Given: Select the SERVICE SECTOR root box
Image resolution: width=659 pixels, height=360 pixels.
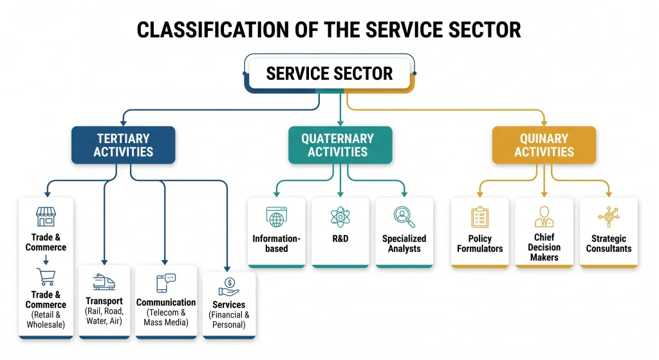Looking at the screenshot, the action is pos(329,73).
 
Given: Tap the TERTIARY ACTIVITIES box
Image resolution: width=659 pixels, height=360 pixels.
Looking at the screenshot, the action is pos(123,145).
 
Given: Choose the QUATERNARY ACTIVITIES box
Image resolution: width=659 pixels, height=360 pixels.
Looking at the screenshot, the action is pos(340,145).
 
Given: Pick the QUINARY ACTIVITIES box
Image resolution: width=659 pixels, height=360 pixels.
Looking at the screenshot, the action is pos(544,145).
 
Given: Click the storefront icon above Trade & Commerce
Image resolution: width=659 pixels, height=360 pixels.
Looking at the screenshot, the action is pos(46,216).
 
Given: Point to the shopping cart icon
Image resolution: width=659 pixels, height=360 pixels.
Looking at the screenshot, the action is pos(46,277).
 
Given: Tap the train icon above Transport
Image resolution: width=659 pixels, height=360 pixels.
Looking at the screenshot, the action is pos(104,282).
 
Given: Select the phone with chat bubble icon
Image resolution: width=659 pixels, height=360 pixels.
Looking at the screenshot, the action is pos(166,283).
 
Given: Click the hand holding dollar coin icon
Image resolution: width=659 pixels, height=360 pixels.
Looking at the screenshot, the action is pos(228,287).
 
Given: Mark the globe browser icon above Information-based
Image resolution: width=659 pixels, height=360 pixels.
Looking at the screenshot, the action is pos(277,217).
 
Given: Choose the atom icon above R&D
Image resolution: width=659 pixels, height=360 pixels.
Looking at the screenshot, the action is pos(340,216).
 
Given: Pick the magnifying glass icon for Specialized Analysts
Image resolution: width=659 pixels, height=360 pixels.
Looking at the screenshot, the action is pos(404,217).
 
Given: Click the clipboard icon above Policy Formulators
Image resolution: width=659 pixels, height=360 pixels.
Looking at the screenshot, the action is pos(480,217).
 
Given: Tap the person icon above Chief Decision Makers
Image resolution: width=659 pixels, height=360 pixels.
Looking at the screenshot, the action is pos(544,216).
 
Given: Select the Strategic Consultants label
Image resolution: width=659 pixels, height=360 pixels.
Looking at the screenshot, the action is pos(609,243).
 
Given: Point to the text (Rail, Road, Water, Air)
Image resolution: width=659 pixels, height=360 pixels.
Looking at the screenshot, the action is pos(104,316).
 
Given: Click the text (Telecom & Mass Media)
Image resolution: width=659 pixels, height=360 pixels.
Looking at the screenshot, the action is pos(166,317).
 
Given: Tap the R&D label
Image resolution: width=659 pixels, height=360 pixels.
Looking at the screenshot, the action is pos(340,238).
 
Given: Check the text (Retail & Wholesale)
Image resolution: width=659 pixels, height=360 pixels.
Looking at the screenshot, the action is pos(46,319).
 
